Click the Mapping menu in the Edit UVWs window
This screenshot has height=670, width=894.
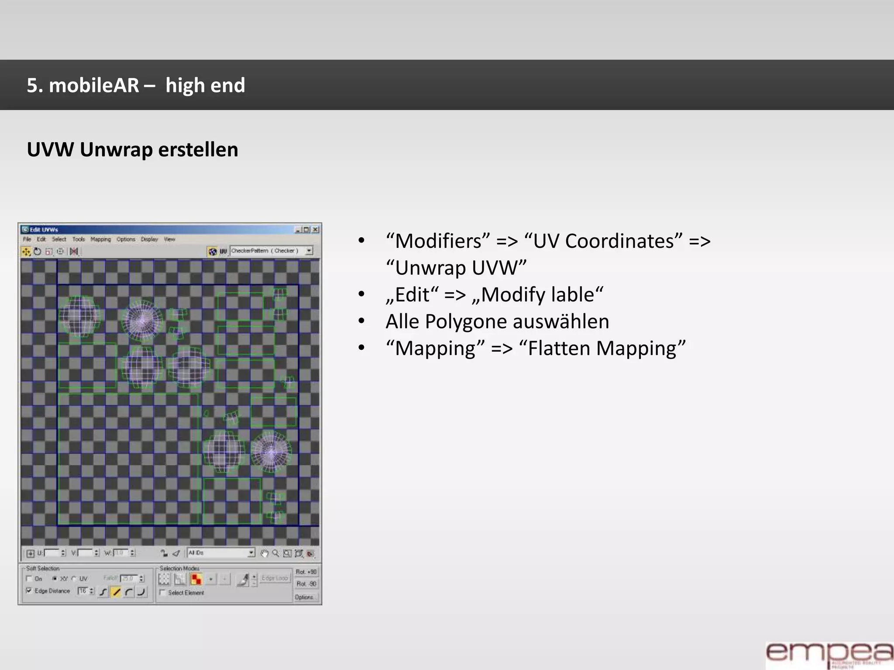tap(101, 239)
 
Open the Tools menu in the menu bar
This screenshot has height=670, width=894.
tap(79, 239)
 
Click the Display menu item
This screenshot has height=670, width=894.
tap(149, 239)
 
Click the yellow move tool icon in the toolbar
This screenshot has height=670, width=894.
tap(26, 252)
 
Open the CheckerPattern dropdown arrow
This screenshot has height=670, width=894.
tap(309, 251)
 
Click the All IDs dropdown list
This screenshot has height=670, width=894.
tap(221, 553)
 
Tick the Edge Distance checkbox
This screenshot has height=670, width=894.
tap(29, 591)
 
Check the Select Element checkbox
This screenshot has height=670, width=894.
tap(162, 593)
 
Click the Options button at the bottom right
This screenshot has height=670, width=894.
tap(305, 597)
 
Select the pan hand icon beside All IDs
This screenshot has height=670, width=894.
tap(265, 554)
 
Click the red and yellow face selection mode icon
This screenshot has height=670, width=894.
tap(196, 579)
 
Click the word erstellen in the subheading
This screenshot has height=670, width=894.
tap(198, 150)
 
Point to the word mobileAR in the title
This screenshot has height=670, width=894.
tap(94, 85)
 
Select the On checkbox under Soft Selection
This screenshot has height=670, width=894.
tap(29, 579)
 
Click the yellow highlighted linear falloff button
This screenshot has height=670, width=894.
tap(116, 592)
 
